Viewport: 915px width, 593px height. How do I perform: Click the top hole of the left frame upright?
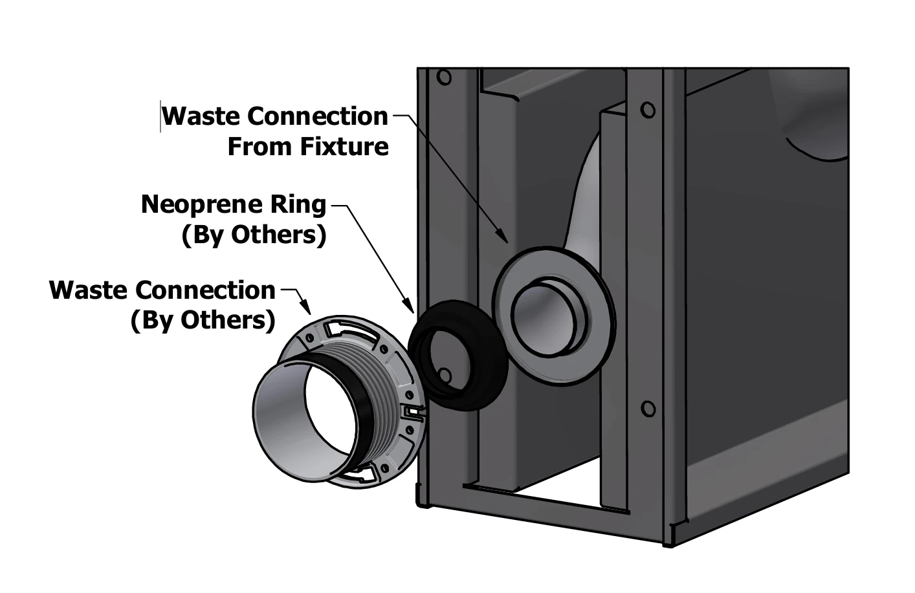point(444,78)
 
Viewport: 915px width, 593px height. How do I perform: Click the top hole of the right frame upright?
point(647,110)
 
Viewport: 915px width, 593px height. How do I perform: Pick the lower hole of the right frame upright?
point(647,409)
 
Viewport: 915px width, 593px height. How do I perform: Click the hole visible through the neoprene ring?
point(445,374)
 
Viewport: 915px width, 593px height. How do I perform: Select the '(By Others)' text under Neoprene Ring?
point(254,235)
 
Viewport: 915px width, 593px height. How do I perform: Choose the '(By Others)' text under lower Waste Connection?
point(203,320)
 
